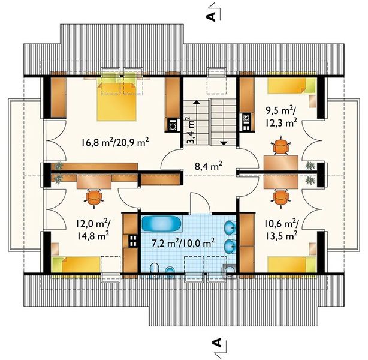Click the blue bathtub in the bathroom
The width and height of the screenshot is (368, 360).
161,224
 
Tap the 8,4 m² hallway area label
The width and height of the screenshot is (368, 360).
209,167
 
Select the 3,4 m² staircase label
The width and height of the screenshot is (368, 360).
191,130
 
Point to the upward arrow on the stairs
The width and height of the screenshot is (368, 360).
196,123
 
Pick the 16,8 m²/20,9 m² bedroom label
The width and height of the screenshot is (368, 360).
115,142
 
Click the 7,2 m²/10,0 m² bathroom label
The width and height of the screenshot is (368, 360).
183,243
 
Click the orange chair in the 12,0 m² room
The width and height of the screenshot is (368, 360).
94,198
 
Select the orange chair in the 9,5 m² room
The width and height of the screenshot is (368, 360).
280,146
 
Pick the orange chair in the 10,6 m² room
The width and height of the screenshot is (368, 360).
280,199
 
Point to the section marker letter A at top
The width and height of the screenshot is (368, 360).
211,16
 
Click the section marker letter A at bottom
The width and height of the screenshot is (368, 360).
218,343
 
